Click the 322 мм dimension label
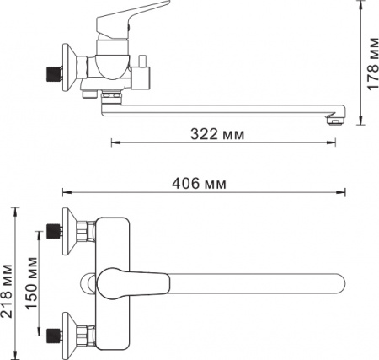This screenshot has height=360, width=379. (x=217, y=134)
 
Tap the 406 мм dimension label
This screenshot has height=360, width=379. (x=199, y=184)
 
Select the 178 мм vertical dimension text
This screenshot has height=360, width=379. (x=372, y=64)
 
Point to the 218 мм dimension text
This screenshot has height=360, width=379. (x=7, y=292)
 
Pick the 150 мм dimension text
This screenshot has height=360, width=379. (x=31, y=283)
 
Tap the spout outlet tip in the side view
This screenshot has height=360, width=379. (x=336, y=121)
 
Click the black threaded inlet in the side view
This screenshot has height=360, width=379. (x=53, y=74)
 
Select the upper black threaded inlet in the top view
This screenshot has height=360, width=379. (x=54, y=231)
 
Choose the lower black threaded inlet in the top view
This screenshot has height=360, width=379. (x=54, y=336)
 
